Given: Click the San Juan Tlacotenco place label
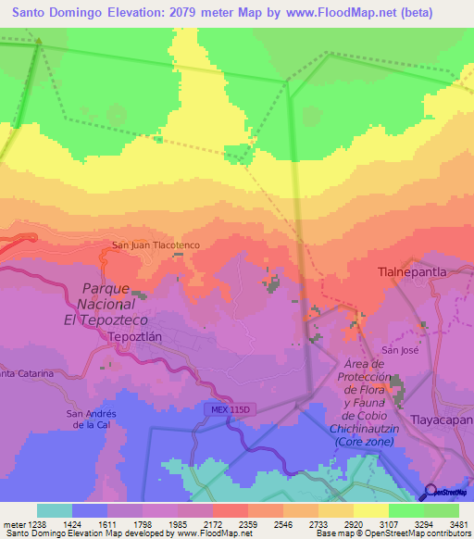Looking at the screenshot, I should pyautogui.click(x=156, y=245).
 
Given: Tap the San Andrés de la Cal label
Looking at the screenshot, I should pyautogui.click(x=91, y=419).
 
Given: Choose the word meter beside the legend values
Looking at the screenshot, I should pyautogui.click(x=13, y=523).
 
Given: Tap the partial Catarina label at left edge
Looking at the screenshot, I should pyautogui.click(x=26, y=373).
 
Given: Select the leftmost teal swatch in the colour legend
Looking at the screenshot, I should pyautogui.click(x=55, y=510).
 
